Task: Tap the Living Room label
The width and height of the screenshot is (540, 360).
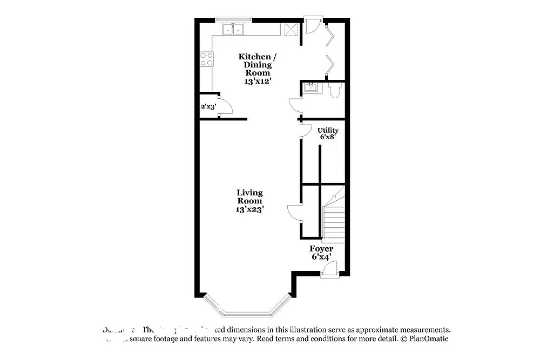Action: coord(249,201)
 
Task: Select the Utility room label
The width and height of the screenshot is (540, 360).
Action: coord(328,133)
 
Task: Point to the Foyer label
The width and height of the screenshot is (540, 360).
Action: coord(321,253)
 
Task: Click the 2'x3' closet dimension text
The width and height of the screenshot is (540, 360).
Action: coord(208,107)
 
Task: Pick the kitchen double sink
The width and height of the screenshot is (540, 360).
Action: coord(233,30)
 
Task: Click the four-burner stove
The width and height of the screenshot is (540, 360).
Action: coord(206,59)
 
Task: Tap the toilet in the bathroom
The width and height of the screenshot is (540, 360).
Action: coord(334,90)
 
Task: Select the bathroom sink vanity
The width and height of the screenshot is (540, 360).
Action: coord(311,88)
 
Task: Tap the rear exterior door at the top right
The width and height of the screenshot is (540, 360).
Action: coord(313,24)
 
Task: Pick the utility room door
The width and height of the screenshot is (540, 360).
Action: coord(306,131)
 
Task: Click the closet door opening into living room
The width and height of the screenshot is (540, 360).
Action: coord(295,212)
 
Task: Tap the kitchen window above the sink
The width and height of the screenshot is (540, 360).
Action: coord(234,20)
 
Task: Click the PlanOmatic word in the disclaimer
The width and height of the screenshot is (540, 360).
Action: coord(428,339)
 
